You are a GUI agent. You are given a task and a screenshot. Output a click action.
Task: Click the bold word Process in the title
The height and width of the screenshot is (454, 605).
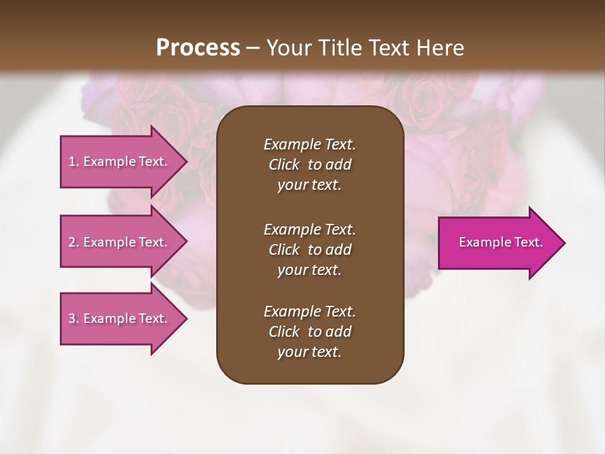[x=198, y=48]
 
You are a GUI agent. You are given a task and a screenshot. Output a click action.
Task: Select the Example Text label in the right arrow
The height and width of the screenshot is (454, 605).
[x=500, y=242]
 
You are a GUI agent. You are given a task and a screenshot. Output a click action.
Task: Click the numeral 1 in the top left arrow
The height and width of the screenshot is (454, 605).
[x=72, y=161]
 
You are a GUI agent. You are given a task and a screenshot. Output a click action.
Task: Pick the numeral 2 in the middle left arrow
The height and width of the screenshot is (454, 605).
[x=72, y=242]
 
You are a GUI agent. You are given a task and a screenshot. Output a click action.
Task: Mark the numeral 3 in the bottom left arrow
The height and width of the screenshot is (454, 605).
[x=72, y=318]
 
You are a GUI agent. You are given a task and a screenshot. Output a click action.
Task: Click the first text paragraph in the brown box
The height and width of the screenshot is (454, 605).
[x=310, y=165]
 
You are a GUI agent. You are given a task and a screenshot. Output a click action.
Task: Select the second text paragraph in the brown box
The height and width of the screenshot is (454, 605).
[x=310, y=250]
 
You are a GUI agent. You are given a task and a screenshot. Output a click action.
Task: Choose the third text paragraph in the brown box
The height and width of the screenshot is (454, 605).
[x=310, y=332]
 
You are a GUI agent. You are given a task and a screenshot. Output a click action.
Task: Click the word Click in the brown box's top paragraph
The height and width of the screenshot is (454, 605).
[x=284, y=165]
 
